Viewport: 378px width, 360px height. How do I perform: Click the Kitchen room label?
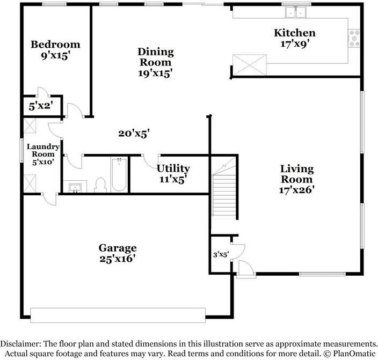[294, 33]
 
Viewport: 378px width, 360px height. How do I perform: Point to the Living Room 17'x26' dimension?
[296, 189]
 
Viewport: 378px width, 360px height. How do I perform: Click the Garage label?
[117, 248]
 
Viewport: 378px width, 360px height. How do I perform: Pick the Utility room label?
[173, 168]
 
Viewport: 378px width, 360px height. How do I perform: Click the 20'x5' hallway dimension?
[134, 134]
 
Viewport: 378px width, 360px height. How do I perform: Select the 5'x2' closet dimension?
[40, 106]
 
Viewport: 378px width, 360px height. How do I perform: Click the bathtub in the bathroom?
[119, 175]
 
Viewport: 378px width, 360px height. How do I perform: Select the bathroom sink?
[74, 187]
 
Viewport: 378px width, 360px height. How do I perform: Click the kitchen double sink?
[296, 12]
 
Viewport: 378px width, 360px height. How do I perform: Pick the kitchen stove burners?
[355, 38]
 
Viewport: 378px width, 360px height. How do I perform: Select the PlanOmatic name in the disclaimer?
[354, 354]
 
